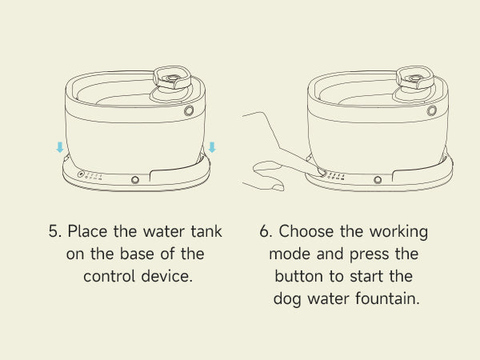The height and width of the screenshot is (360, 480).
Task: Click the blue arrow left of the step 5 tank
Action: tap(60, 147)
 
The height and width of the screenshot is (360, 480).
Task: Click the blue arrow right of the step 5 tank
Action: tap(212, 147)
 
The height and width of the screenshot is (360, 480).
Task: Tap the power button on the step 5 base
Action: tap(81, 174)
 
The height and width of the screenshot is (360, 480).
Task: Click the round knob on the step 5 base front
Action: tap(135, 180)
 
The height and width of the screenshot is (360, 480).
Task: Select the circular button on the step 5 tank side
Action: tap(189, 110)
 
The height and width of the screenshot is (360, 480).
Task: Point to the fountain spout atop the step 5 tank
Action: tap(172, 78)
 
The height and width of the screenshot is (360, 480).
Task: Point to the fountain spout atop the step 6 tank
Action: tap(415, 78)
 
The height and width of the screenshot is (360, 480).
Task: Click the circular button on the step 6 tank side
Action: tap(432, 110)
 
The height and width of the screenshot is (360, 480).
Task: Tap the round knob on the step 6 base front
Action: tap(378, 180)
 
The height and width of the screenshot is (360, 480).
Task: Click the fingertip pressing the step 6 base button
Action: tap(321, 171)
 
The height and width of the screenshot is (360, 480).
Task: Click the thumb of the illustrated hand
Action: tap(267, 166)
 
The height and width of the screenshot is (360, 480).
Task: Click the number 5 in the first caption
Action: tap(54, 231)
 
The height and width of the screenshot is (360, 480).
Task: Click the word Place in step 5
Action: tap(87, 231)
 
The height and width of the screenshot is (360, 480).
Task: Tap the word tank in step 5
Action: tap(206, 231)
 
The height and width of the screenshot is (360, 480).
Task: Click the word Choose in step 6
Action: tap(306, 231)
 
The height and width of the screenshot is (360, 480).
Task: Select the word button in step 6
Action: tap(298, 276)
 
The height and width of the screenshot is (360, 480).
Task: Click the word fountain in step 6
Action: tap(387, 298)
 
